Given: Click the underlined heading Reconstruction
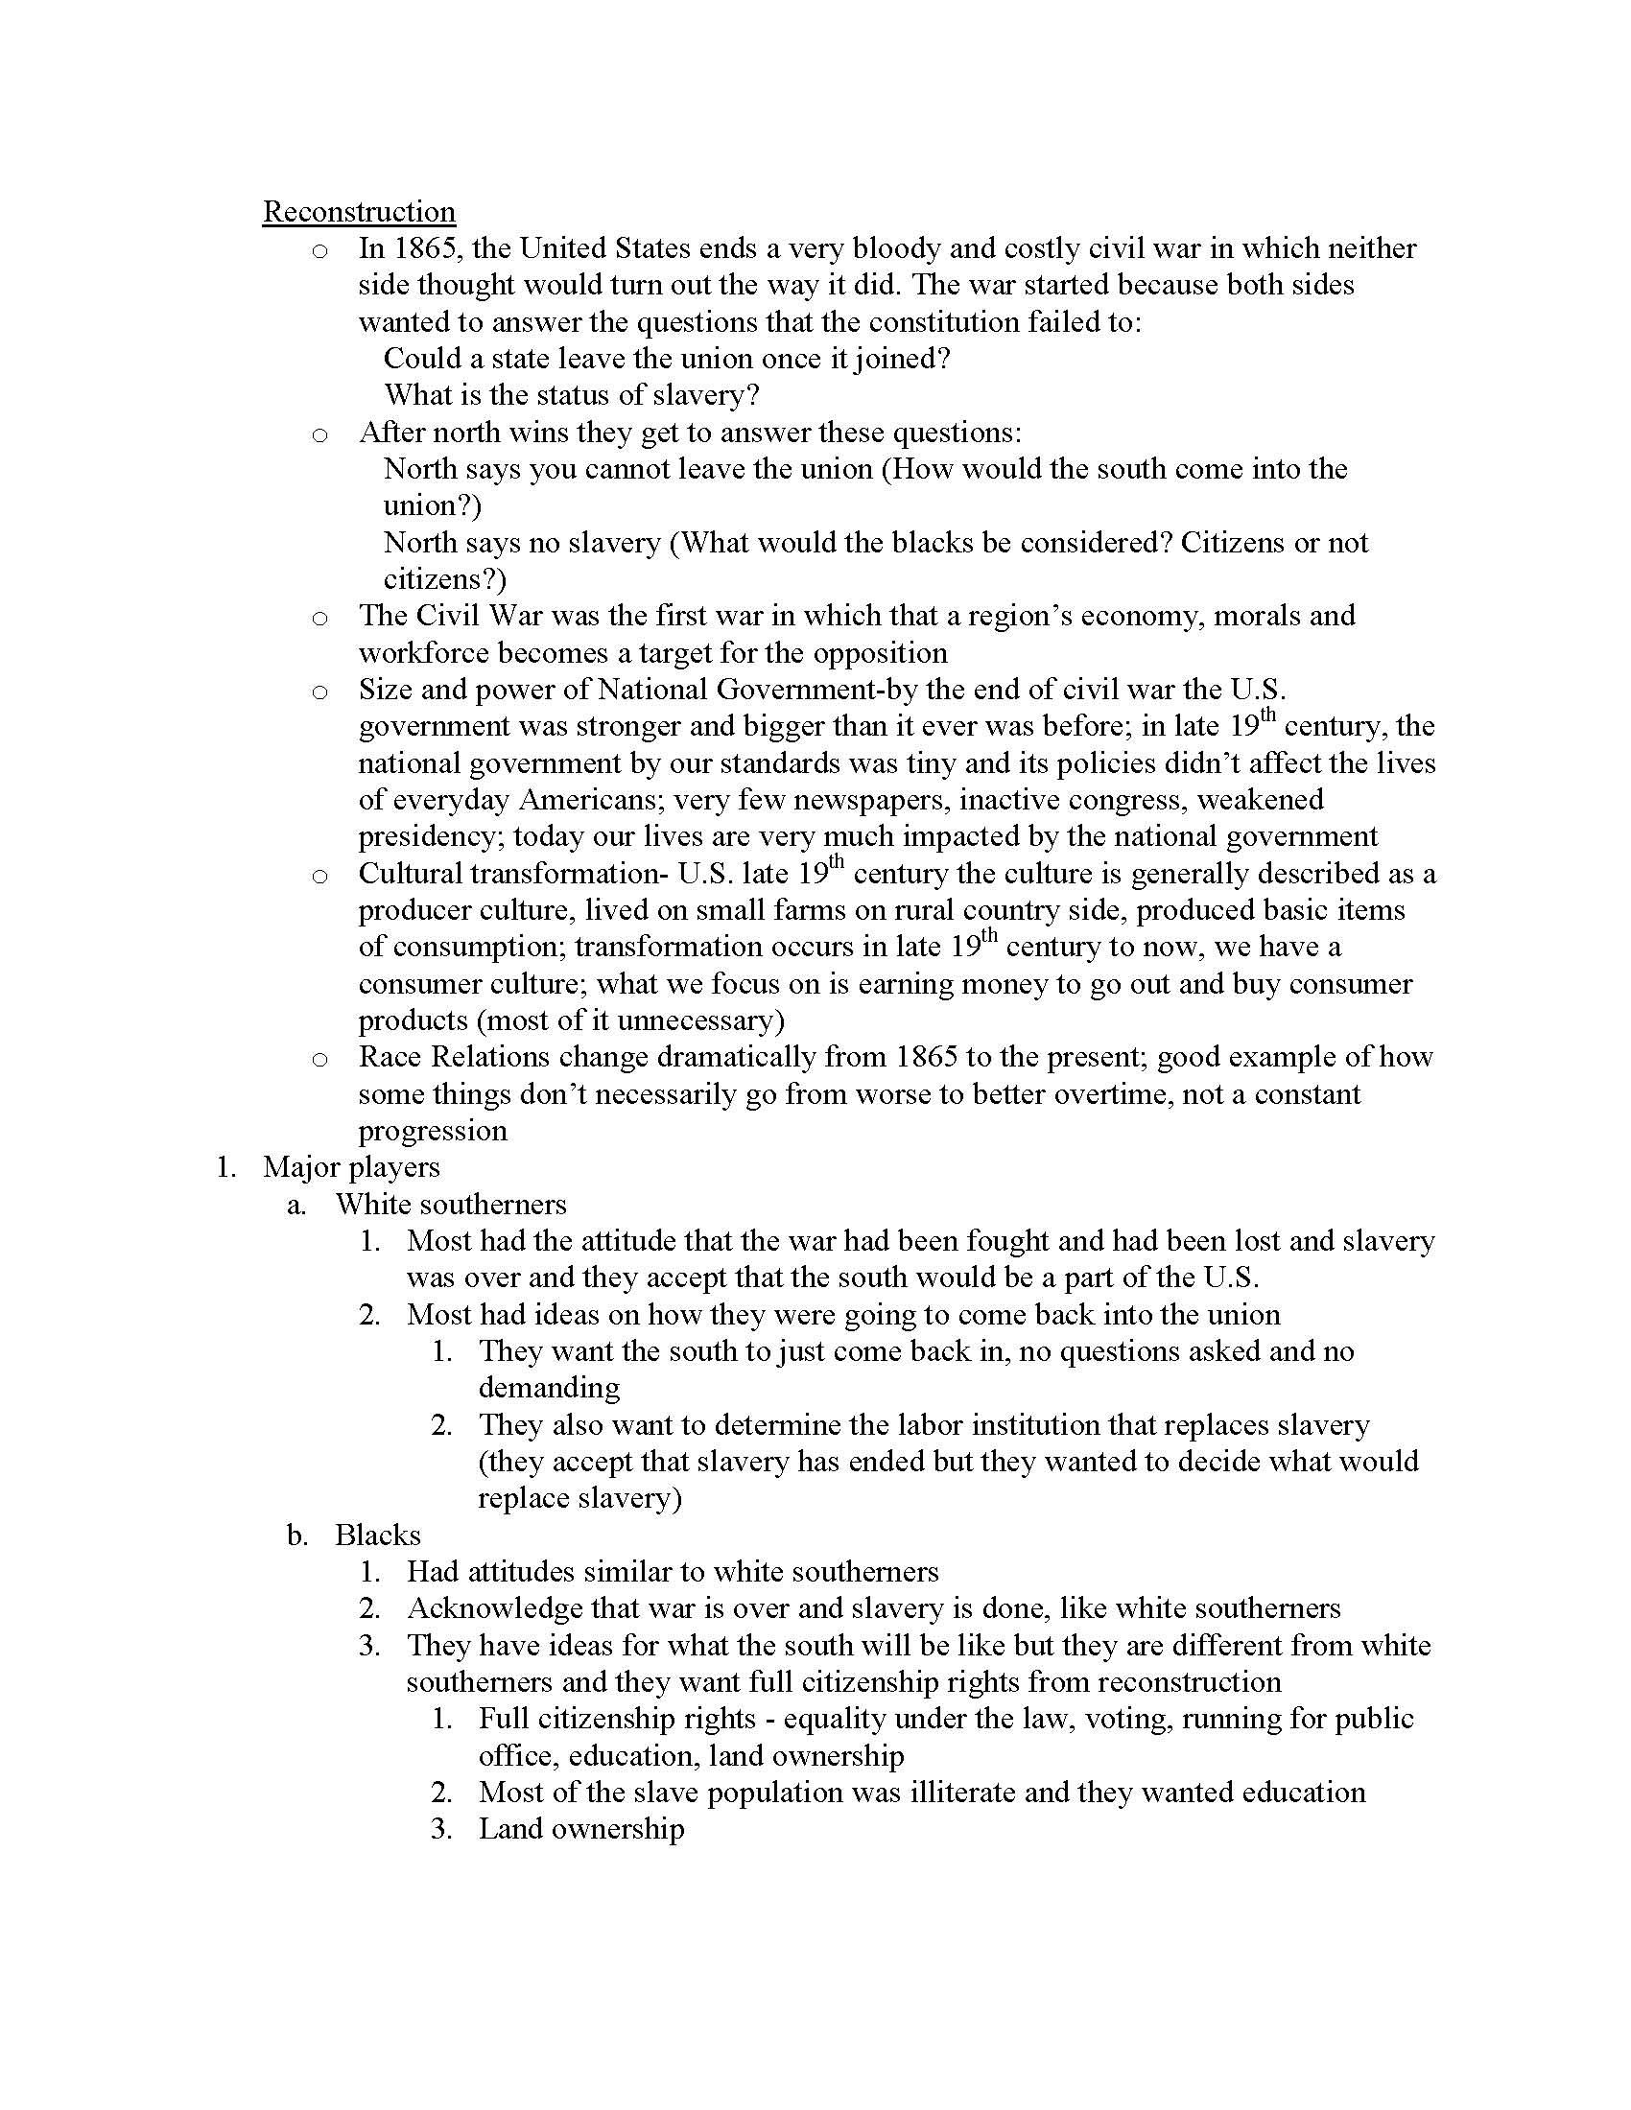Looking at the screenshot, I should coord(359,212).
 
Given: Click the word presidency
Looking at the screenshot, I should coord(431,836).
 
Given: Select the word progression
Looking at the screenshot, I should coord(432,1132).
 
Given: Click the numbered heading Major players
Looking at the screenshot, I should coord(351,1167).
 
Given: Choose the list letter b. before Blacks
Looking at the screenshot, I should coord(296,1536).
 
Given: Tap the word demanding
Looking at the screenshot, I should coord(549,1389).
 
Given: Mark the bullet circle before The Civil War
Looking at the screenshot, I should coord(319,618).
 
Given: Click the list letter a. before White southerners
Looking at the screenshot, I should coord(296,1205).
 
